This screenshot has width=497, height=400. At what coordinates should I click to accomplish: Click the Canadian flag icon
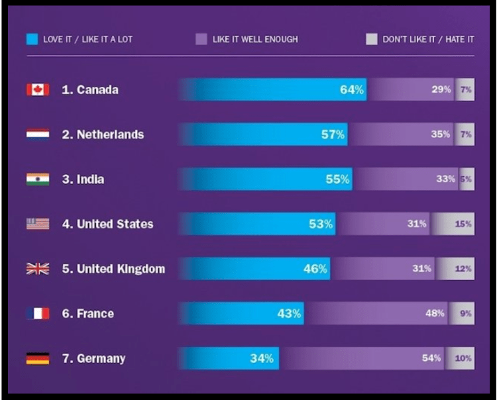(x=38, y=89)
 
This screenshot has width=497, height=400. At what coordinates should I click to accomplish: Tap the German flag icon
(x=38, y=358)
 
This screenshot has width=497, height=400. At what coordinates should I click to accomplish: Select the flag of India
(x=38, y=179)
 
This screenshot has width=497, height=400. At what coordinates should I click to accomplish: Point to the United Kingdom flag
(x=38, y=269)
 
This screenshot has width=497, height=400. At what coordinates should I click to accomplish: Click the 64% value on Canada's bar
(x=352, y=89)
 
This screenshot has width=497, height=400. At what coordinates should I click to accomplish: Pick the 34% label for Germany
(x=262, y=358)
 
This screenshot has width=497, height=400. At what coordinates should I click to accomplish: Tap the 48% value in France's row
(x=435, y=313)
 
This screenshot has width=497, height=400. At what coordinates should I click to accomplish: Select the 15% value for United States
(x=463, y=224)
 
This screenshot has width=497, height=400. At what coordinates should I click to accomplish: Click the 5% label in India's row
(x=467, y=179)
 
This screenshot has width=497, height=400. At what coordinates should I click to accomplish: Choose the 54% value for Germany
(x=431, y=358)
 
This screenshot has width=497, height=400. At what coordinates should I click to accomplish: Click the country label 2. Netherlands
(x=103, y=134)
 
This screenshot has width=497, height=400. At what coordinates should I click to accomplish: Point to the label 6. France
(x=88, y=313)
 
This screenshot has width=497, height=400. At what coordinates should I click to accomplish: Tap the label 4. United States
(x=107, y=224)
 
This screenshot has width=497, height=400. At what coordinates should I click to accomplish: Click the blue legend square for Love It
(x=32, y=39)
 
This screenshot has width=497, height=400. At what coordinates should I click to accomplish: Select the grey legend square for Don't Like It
(x=371, y=39)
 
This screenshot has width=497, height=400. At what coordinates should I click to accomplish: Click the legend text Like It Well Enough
(x=255, y=40)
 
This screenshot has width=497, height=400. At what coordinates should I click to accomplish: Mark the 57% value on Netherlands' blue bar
(x=333, y=134)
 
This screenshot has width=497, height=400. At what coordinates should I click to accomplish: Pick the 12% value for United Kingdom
(x=463, y=269)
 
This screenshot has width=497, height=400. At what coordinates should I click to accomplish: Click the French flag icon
(x=38, y=313)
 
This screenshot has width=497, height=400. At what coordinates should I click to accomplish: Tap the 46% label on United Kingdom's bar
(x=315, y=269)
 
